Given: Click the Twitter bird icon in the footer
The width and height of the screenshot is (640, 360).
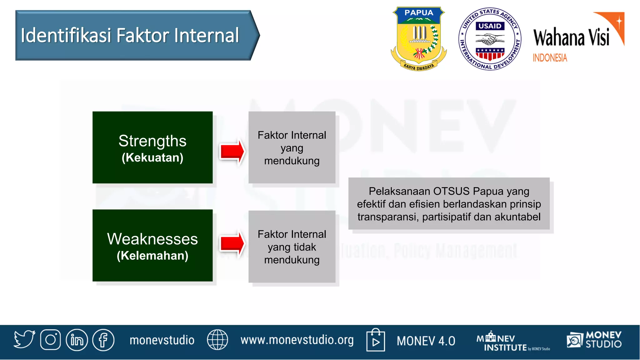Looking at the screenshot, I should (24, 339).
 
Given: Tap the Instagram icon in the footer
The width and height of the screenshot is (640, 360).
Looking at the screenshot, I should (50, 340).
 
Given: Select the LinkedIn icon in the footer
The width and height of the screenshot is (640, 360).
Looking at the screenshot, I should (77, 340).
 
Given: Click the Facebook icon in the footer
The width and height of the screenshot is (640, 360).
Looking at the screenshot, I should (103, 340).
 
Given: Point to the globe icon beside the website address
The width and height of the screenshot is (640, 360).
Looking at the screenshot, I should (217, 340).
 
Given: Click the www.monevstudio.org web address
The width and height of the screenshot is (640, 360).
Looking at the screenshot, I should (297, 340).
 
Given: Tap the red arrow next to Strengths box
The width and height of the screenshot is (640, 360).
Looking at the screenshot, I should (232, 151).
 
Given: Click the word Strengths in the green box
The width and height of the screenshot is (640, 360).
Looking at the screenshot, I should (152, 141).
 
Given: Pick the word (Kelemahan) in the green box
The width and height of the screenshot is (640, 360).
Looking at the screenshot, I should (152, 256).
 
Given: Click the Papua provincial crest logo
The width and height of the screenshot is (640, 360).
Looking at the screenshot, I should (419, 38).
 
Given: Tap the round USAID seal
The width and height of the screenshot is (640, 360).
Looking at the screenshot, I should (490, 39).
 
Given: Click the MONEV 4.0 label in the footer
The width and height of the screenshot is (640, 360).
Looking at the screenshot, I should (426, 341).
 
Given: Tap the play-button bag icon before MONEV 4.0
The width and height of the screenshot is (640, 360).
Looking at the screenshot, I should (375, 340).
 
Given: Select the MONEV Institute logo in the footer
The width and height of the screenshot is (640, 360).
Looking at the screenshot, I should (512, 342).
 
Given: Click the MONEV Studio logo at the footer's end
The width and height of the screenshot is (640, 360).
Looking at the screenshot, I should (594, 340).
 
